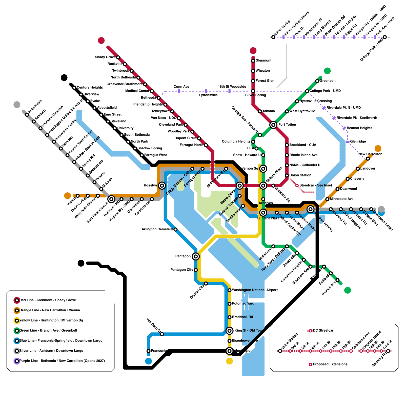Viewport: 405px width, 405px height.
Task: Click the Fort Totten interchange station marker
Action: click(273, 125)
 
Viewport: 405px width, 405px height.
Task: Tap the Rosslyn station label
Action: click(150, 185)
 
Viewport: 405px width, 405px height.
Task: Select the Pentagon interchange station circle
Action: click(195, 256)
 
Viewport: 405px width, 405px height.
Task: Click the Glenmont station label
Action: click(263, 60)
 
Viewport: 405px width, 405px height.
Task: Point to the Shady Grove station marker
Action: click(118, 57)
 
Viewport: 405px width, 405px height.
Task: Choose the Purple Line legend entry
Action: click(62, 361)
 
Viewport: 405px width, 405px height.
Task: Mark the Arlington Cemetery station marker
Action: click(175, 230)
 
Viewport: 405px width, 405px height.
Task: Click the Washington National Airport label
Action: click(255, 290)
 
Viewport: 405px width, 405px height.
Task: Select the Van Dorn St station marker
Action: click(162, 334)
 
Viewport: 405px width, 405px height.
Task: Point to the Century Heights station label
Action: click(90, 88)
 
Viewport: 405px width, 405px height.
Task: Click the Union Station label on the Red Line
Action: click(300, 175)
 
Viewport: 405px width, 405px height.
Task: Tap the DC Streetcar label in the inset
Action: click(323, 330)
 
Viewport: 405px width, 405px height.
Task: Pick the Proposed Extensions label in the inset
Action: click(330, 364)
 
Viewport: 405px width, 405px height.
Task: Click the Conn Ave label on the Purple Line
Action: click(181, 87)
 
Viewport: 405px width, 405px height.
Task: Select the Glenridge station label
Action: click(358, 141)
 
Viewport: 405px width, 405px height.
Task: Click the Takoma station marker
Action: click(260, 111)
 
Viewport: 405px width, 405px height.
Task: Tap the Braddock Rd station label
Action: click(242, 317)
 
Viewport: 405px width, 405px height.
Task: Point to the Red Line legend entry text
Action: click(48, 300)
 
